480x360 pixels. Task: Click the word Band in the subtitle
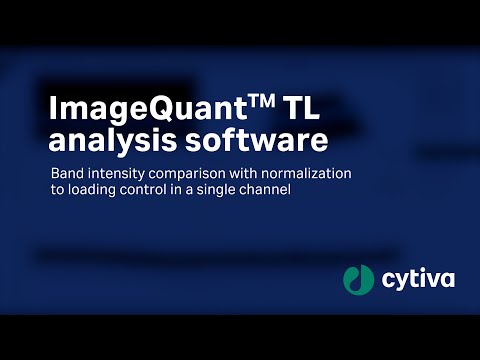(x=66, y=173)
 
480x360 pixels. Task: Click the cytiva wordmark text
(x=417, y=280)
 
